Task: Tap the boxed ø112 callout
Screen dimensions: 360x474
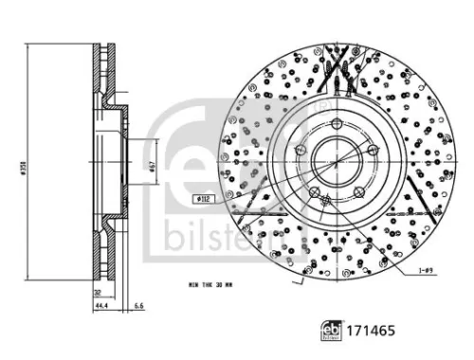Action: (x=203, y=199)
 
